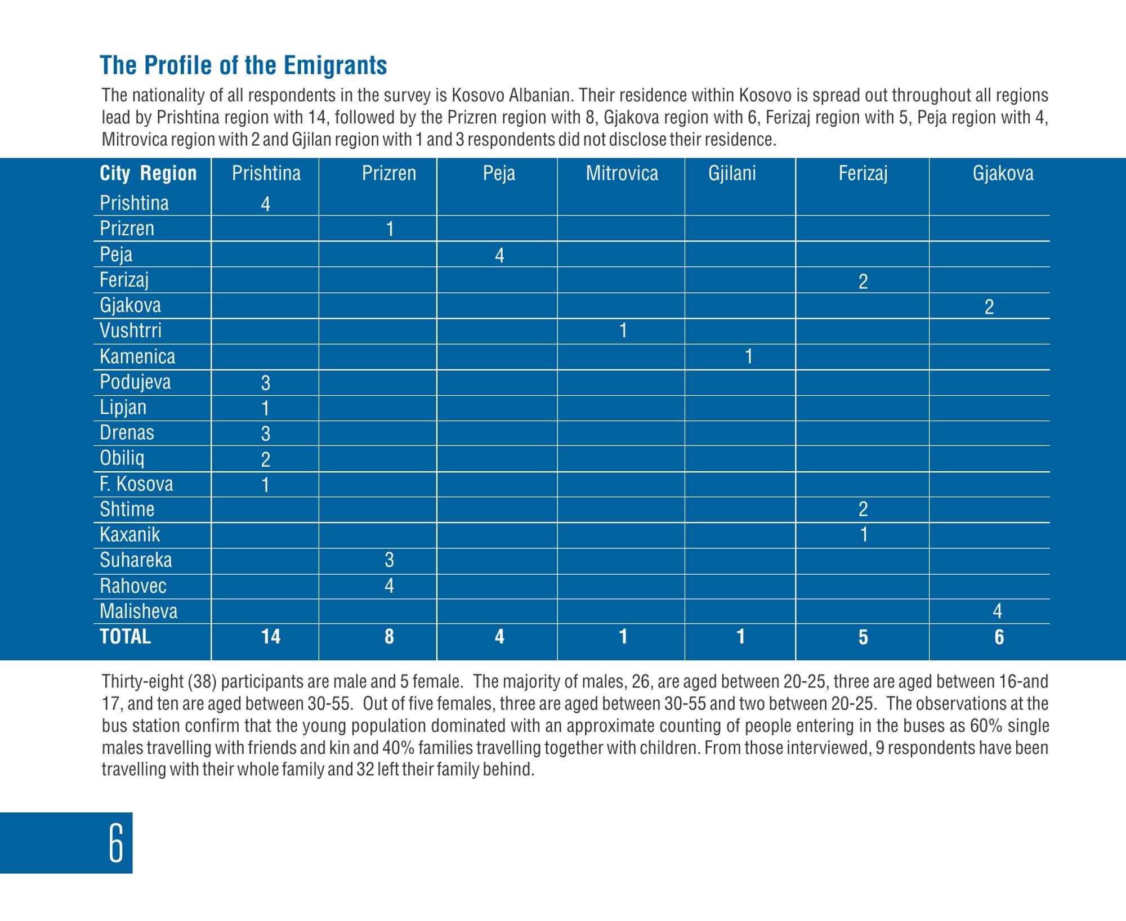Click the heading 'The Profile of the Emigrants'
tap(243, 65)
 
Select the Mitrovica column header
tap(622, 173)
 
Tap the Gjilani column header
tap(732, 173)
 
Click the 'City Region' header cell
tap(148, 173)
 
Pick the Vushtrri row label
tap(131, 330)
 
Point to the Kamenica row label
tap(137, 356)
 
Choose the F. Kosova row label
tap(136, 484)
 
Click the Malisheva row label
tap(138, 611)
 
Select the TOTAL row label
tap(126, 637)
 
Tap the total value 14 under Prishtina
tap(271, 637)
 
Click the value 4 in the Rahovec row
tap(389, 586)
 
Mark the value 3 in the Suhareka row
tap(389, 560)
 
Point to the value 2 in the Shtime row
tap(863, 509)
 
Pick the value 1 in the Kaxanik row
tap(864, 535)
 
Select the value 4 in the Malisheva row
tap(998, 611)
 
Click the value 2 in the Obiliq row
tap(266, 460)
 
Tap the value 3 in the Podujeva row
tap(266, 383)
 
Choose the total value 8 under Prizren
tap(389, 637)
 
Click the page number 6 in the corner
tap(116, 843)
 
